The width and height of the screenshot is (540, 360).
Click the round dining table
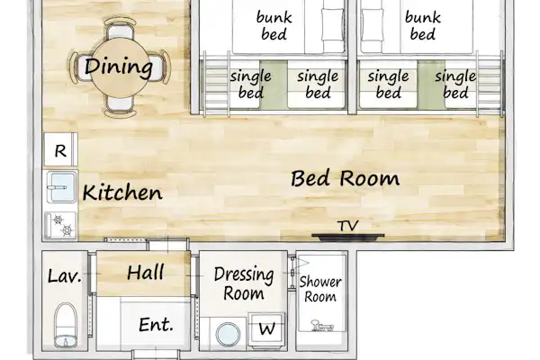(120, 67)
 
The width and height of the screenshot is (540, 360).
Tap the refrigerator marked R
(60, 150)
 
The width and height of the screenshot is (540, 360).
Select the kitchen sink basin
(61, 187)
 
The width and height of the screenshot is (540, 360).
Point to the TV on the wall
(347, 237)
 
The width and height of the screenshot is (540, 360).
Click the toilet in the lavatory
(66, 325)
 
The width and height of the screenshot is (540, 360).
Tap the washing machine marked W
(266, 329)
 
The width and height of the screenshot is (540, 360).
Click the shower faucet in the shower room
(321, 325)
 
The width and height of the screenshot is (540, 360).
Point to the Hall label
(145, 273)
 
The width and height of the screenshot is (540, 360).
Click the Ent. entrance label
(156, 325)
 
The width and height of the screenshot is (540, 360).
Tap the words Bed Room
(345, 178)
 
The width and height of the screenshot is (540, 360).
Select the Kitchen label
(122, 193)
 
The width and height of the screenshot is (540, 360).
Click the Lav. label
(65, 276)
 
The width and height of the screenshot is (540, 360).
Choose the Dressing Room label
(244, 283)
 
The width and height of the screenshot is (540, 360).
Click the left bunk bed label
(274, 25)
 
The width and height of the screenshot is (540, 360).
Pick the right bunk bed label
(423, 25)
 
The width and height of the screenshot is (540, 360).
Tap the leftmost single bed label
(251, 85)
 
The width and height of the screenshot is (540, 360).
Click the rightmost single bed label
(455, 85)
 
